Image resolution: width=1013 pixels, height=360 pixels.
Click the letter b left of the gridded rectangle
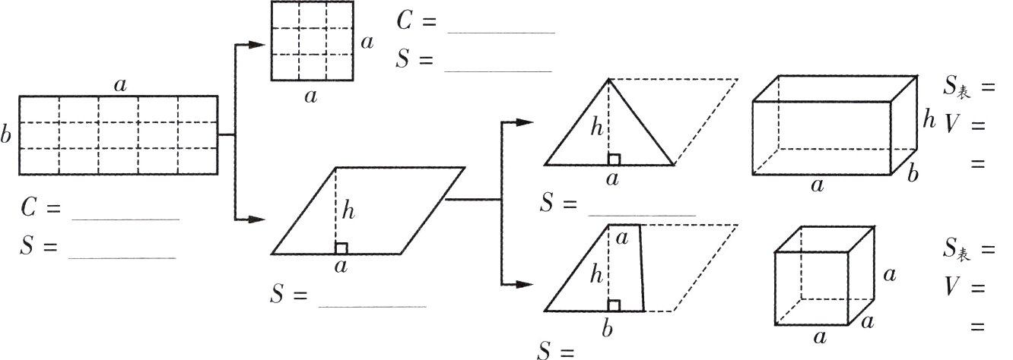(5, 134)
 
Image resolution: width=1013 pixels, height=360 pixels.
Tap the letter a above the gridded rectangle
(120, 85)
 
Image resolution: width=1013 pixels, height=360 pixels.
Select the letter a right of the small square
(367, 43)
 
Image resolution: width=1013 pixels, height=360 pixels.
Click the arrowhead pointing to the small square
(256, 44)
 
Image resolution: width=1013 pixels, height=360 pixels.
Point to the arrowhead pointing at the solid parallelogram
(256, 219)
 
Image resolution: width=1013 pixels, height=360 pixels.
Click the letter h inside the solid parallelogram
(348, 210)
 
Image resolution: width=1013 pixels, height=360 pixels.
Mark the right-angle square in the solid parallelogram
(341, 249)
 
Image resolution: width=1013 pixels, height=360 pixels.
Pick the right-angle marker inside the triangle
(614, 159)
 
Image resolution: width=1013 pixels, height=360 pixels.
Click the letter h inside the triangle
(597, 128)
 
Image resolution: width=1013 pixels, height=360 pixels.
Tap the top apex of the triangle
(608, 80)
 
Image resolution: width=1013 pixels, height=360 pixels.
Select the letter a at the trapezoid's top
(622, 238)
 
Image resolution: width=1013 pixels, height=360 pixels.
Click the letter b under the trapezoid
(608, 329)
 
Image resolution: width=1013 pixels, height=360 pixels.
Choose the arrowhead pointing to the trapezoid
(525, 285)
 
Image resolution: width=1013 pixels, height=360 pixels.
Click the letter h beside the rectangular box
(929, 120)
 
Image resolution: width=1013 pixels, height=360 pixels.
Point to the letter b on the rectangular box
(913, 174)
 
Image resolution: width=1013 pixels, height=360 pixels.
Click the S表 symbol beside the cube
(957, 248)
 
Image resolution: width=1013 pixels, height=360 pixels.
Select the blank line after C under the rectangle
(125, 219)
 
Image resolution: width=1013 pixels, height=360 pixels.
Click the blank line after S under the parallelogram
(372, 307)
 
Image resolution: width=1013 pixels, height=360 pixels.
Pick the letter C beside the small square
(404, 21)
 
